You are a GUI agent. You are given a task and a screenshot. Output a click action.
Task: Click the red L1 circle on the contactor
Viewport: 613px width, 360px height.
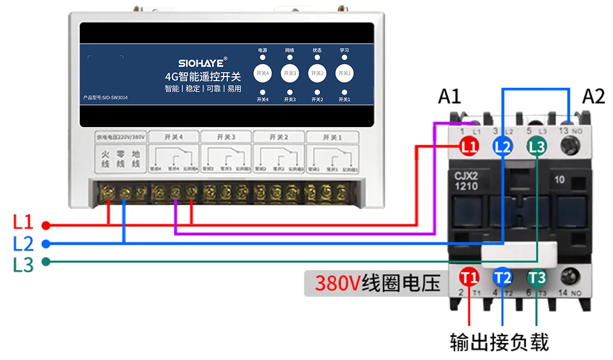pyautogui.click(x=470, y=147)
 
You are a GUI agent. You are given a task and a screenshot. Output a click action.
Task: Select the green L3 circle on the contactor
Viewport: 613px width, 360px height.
pyautogui.click(x=537, y=147)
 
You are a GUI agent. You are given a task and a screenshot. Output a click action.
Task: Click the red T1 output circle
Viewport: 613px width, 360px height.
pyautogui.click(x=470, y=277)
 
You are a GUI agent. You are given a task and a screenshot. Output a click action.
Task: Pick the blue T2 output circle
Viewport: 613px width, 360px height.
pyautogui.click(x=503, y=277)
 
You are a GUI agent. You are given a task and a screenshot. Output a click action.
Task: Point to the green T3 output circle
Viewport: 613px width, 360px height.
pyautogui.click(x=537, y=277)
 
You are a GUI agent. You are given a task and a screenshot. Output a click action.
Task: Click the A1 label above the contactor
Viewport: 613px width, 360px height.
pyautogui.click(x=449, y=97)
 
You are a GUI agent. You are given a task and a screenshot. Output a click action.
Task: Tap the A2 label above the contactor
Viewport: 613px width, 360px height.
pyautogui.click(x=593, y=97)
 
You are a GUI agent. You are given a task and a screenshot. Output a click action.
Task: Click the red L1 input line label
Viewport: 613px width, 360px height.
pyautogui.click(x=23, y=222)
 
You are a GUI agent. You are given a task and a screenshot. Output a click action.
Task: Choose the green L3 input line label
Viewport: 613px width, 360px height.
pyautogui.click(x=23, y=264)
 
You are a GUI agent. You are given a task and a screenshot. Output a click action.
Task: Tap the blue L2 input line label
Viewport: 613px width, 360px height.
pyautogui.click(x=23, y=244)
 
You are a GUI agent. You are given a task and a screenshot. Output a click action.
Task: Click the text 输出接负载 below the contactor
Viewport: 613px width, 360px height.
pyautogui.click(x=499, y=342)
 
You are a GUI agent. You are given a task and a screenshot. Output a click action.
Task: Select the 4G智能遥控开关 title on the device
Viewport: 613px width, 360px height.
pyautogui.click(x=202, y=76)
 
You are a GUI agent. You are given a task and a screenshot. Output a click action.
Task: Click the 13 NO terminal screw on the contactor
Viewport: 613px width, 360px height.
pyautogui.click(x=569, y=147)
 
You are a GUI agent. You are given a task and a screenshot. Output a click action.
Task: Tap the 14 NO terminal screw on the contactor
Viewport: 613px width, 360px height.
pyautogui.click(x=570, y=277)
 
